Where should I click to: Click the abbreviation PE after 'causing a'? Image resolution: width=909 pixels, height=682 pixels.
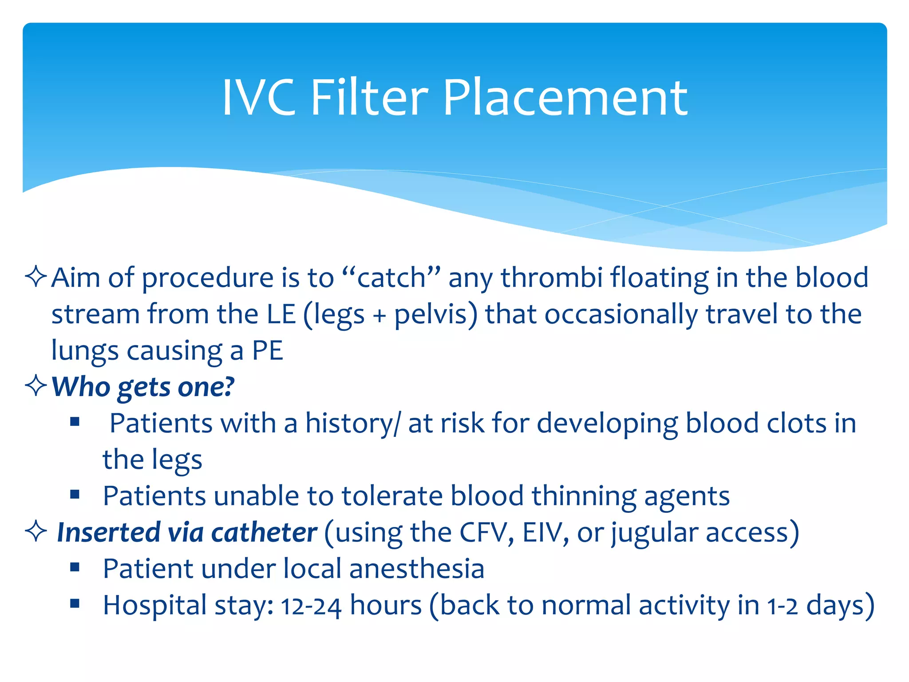coord(267,351)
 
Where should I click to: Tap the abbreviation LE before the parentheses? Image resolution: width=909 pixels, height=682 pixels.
coord(281,314)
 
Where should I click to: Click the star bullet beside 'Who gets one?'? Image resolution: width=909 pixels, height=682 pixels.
coord(36,385)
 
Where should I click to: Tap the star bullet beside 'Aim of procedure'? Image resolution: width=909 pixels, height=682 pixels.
coord(36,277)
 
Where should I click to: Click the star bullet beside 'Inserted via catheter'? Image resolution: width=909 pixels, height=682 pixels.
coord(36,531)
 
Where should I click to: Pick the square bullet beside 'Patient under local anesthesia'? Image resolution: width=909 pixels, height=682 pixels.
coord(75,567)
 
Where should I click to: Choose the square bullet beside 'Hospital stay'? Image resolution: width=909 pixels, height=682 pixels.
coord(75,603)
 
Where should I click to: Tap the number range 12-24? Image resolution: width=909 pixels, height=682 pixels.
coord(311,606)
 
